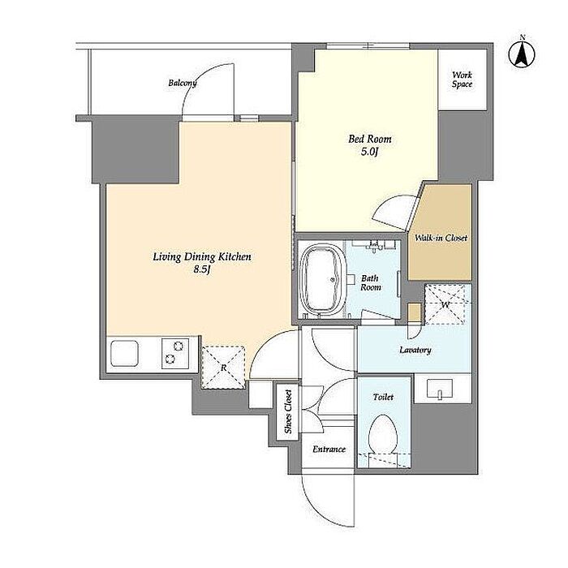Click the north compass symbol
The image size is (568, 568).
522,54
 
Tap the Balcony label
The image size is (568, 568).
183,83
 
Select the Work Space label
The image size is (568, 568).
462,80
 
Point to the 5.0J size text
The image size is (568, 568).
369,152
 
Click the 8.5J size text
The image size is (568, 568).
202,269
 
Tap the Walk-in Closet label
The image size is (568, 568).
441,238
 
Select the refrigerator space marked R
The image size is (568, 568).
223,368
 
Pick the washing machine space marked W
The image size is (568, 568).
445,304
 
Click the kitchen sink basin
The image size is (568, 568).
125,353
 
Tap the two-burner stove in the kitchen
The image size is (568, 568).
175,354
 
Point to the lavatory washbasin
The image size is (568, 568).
440,389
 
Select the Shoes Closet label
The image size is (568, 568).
288,411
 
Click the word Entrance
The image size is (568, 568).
329,450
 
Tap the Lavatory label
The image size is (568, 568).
415,350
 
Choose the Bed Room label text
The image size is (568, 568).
370,139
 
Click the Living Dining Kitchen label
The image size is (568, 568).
202,257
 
